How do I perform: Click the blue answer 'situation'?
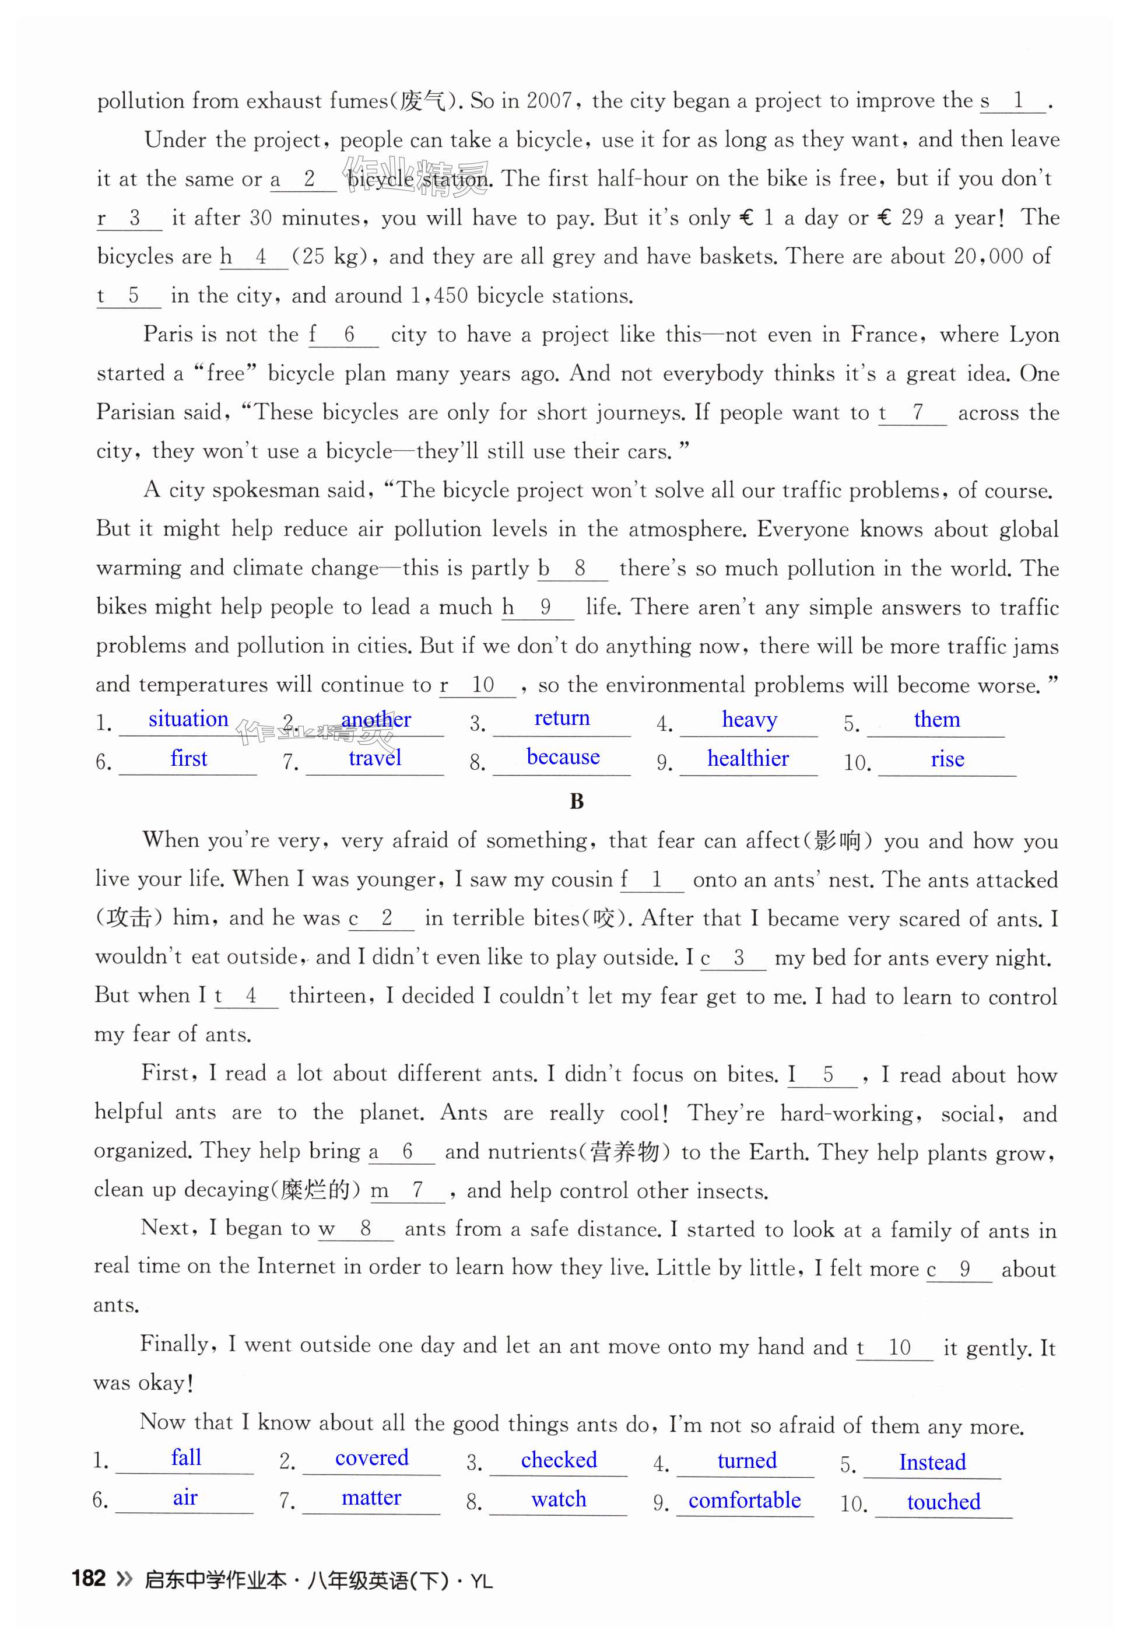click(188, 719)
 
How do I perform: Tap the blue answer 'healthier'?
click(748, 759)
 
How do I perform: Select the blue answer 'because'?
click(563, 758)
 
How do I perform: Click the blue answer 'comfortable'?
click(744, 1501)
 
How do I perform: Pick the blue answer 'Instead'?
click(932, 1462)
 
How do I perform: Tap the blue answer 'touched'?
click(944, 1502)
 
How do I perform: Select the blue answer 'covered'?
click(372, 1458)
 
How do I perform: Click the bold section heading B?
click(577, 801)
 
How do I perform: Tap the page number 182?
click(89, 1578)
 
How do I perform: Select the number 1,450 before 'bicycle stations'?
click(439, 295)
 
